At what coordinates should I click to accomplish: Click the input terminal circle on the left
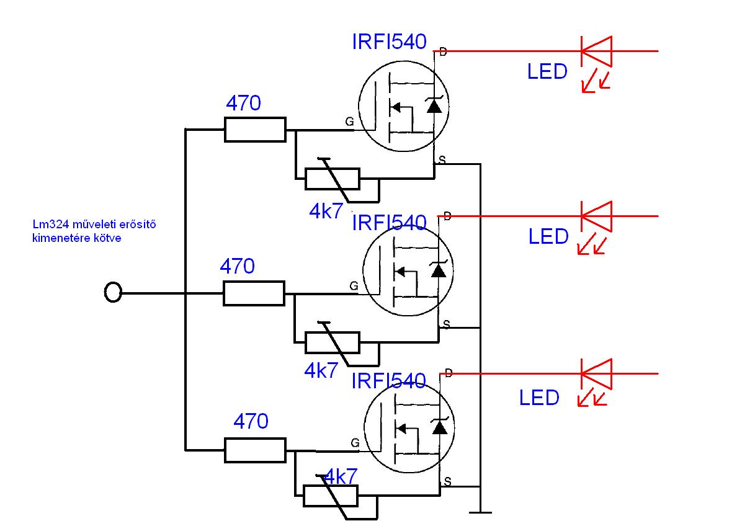pos(112,292)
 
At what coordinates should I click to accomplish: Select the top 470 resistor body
pos(255,130)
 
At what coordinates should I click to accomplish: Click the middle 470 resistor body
pos(254,293)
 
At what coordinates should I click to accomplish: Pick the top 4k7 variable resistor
pos(332,179)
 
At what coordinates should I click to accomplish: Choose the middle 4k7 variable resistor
pos(332,342)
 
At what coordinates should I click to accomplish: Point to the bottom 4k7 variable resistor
pos(331,496)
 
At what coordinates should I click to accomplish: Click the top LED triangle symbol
pos(596,51)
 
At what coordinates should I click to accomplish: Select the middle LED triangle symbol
pos(596,216)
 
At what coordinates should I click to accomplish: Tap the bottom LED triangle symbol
pos(596,373)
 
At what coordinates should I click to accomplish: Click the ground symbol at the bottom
pos(480,512)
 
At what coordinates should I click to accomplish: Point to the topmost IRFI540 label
pos(389,42)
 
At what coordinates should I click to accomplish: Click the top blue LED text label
pos(547,72)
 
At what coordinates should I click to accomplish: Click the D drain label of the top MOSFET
pos(443,53)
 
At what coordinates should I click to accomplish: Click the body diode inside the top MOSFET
pos(435,105)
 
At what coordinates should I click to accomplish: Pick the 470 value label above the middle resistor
pos(237,267)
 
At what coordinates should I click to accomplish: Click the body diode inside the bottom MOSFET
pos(440,427)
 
